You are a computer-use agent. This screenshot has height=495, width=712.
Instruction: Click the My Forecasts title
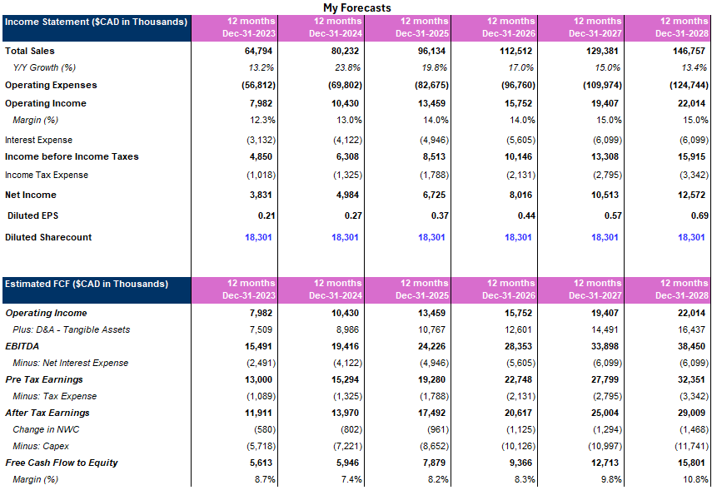coord(356,7)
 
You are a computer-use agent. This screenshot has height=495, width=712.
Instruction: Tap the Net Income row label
coord(31,195)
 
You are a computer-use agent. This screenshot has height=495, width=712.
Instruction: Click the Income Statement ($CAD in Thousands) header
coord(96,22)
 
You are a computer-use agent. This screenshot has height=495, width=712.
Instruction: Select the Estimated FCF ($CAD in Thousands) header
coord(87,285)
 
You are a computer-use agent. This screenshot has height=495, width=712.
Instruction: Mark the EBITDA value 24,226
coord(431,346)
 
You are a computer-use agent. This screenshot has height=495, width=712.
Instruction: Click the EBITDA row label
coord(22,346)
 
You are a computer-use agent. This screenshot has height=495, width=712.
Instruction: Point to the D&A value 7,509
coord(259,329)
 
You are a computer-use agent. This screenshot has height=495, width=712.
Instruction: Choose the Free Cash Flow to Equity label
coord(62,463)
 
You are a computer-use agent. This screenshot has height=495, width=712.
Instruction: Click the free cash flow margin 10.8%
coord(695,479)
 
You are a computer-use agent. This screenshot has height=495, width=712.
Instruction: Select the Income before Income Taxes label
coord(72,156)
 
